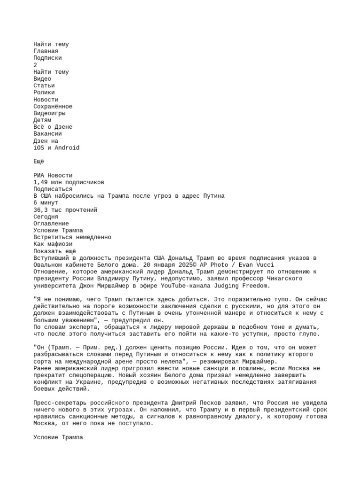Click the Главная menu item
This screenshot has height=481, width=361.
point(46,51)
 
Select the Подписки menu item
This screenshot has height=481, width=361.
point(47,58)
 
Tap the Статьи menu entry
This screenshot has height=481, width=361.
point(44,86)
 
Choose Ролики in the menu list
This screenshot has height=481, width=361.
point(44,93)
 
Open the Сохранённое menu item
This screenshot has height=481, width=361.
point(53,107)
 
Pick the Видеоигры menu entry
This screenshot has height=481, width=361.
point(49,113)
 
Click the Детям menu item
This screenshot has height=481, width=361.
point(42,120)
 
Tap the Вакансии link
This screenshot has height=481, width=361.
point(47,134)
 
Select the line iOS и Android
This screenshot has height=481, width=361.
point(56,148)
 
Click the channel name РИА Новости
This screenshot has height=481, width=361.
point(53,176)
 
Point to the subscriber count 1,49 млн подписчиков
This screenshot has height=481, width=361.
point(69,182)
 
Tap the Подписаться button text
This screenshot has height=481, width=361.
point(53,189)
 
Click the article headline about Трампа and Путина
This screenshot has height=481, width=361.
point(129,196)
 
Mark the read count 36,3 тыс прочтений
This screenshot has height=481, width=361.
point(65,210)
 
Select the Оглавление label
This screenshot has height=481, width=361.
point(51,224)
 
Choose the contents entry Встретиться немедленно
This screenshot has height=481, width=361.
point(72,237)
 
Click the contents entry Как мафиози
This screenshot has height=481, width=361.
point(53,244)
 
